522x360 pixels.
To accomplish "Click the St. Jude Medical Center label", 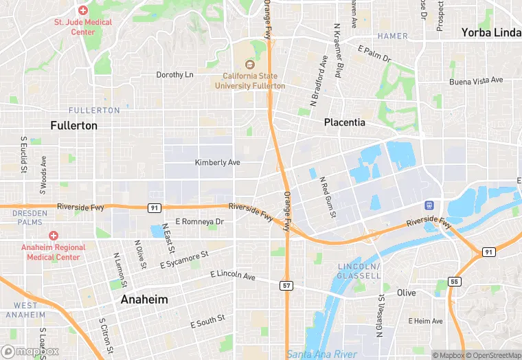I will (83, 27).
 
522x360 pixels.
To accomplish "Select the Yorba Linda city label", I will (490, 32).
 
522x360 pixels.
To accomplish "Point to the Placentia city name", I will (344, 122).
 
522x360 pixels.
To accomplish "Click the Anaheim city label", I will (144, 300).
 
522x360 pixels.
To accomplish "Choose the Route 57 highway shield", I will (286, 284).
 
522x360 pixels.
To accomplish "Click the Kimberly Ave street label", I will (218, 163).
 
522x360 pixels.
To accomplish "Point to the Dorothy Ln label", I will (175, 75).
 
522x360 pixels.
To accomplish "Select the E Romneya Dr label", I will (199, 222).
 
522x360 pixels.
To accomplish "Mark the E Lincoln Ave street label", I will (232, 276).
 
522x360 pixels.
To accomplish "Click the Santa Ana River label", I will (321, 354).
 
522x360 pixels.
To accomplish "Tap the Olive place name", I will (406, 293).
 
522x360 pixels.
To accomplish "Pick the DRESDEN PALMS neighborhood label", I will (30, 218).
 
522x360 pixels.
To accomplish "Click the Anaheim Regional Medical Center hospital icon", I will (54, 236).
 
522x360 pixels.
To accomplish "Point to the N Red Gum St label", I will (327, 198).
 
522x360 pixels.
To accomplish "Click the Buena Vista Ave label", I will (475, 81).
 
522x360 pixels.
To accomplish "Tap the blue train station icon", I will (429, 205).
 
